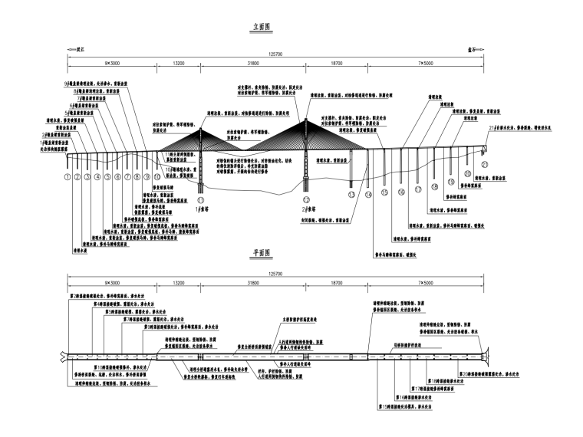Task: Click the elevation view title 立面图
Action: (x=264, y=26)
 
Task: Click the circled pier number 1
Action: (x=68, y=177)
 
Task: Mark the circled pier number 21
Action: (x=484, y=163)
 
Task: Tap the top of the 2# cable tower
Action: (x=304, y=116)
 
